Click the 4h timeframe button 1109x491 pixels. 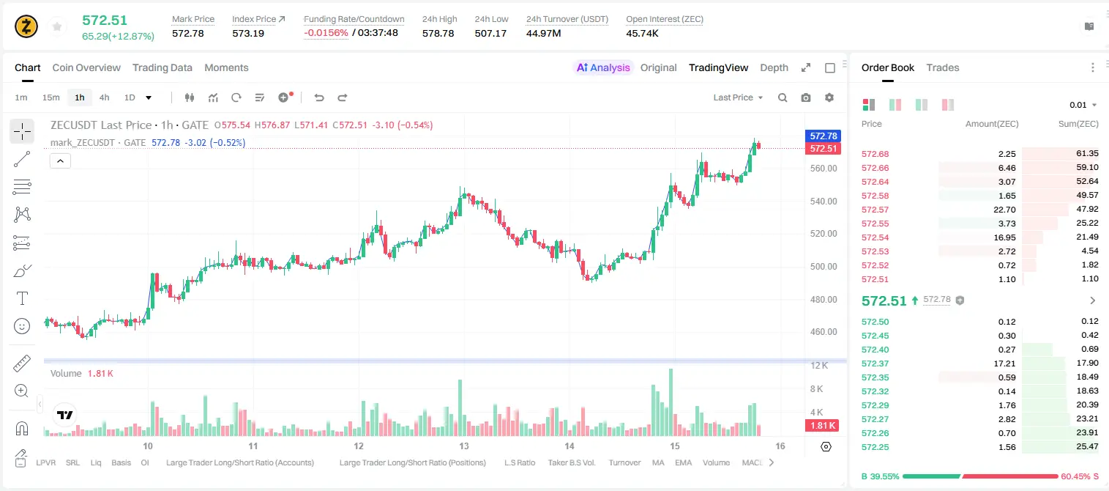pyautogui.click(x=104, y=97)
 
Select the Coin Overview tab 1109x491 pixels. pyautogui.click(x=86, y=67)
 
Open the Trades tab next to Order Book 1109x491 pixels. pyautogui.click(x=943, y=67)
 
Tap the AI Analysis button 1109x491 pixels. pyautogui.click(x=603, y=67)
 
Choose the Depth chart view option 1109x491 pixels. pyautogui.click(x=774, y=67)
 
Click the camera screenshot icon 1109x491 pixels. pyautogui.click(x=806, y=97)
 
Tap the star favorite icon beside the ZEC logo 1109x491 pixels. pyautogui.click(x=57, y=26)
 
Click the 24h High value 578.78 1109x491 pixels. pyautogui.click(x=438, y=33)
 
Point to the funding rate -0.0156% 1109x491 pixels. pyautogui.click(x=326, y=33)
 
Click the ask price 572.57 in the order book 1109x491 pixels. pyautogui.click(x=875, y=210)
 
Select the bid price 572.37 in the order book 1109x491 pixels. pyautogui.click(x=875, y=363)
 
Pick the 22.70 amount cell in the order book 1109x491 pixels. pyautogui.click(x=1004, y=210)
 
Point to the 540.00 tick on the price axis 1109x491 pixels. pyautogui.click(x=824, y=201)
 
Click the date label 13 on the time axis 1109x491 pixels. pyautogui.click(x=464, y=446)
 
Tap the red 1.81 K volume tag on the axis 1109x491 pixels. pyautogui.click(x=822, y=425)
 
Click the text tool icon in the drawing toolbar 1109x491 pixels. pyautogui.click(x=22, y=298)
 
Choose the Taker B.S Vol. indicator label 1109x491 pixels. pyautogui.click(x=571, y=462)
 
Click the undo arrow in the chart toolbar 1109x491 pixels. pyautogui.click(x=319, y=97)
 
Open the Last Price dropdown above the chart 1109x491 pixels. pyautogui.click(x=738, y=97)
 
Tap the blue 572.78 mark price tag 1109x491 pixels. pyautogui.click(x=824, y=136)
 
